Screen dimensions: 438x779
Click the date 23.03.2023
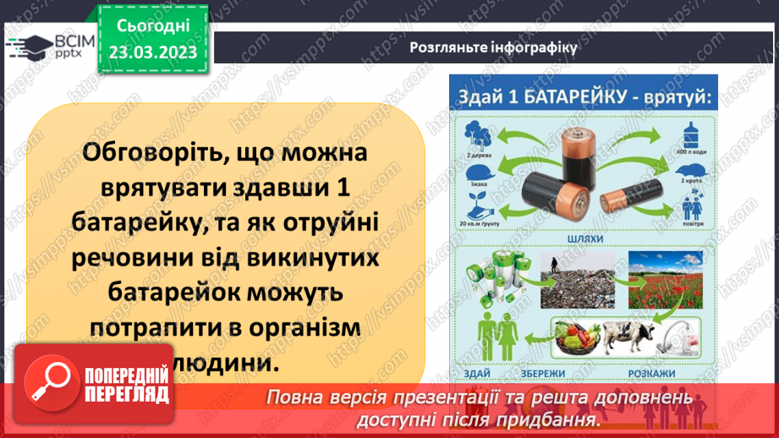click(x=152, y=52)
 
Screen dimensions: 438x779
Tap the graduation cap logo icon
click(x=29, y=44)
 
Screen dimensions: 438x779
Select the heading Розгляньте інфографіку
click(x=493, y=47)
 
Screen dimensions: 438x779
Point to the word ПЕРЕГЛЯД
click(x=127, y=394)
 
